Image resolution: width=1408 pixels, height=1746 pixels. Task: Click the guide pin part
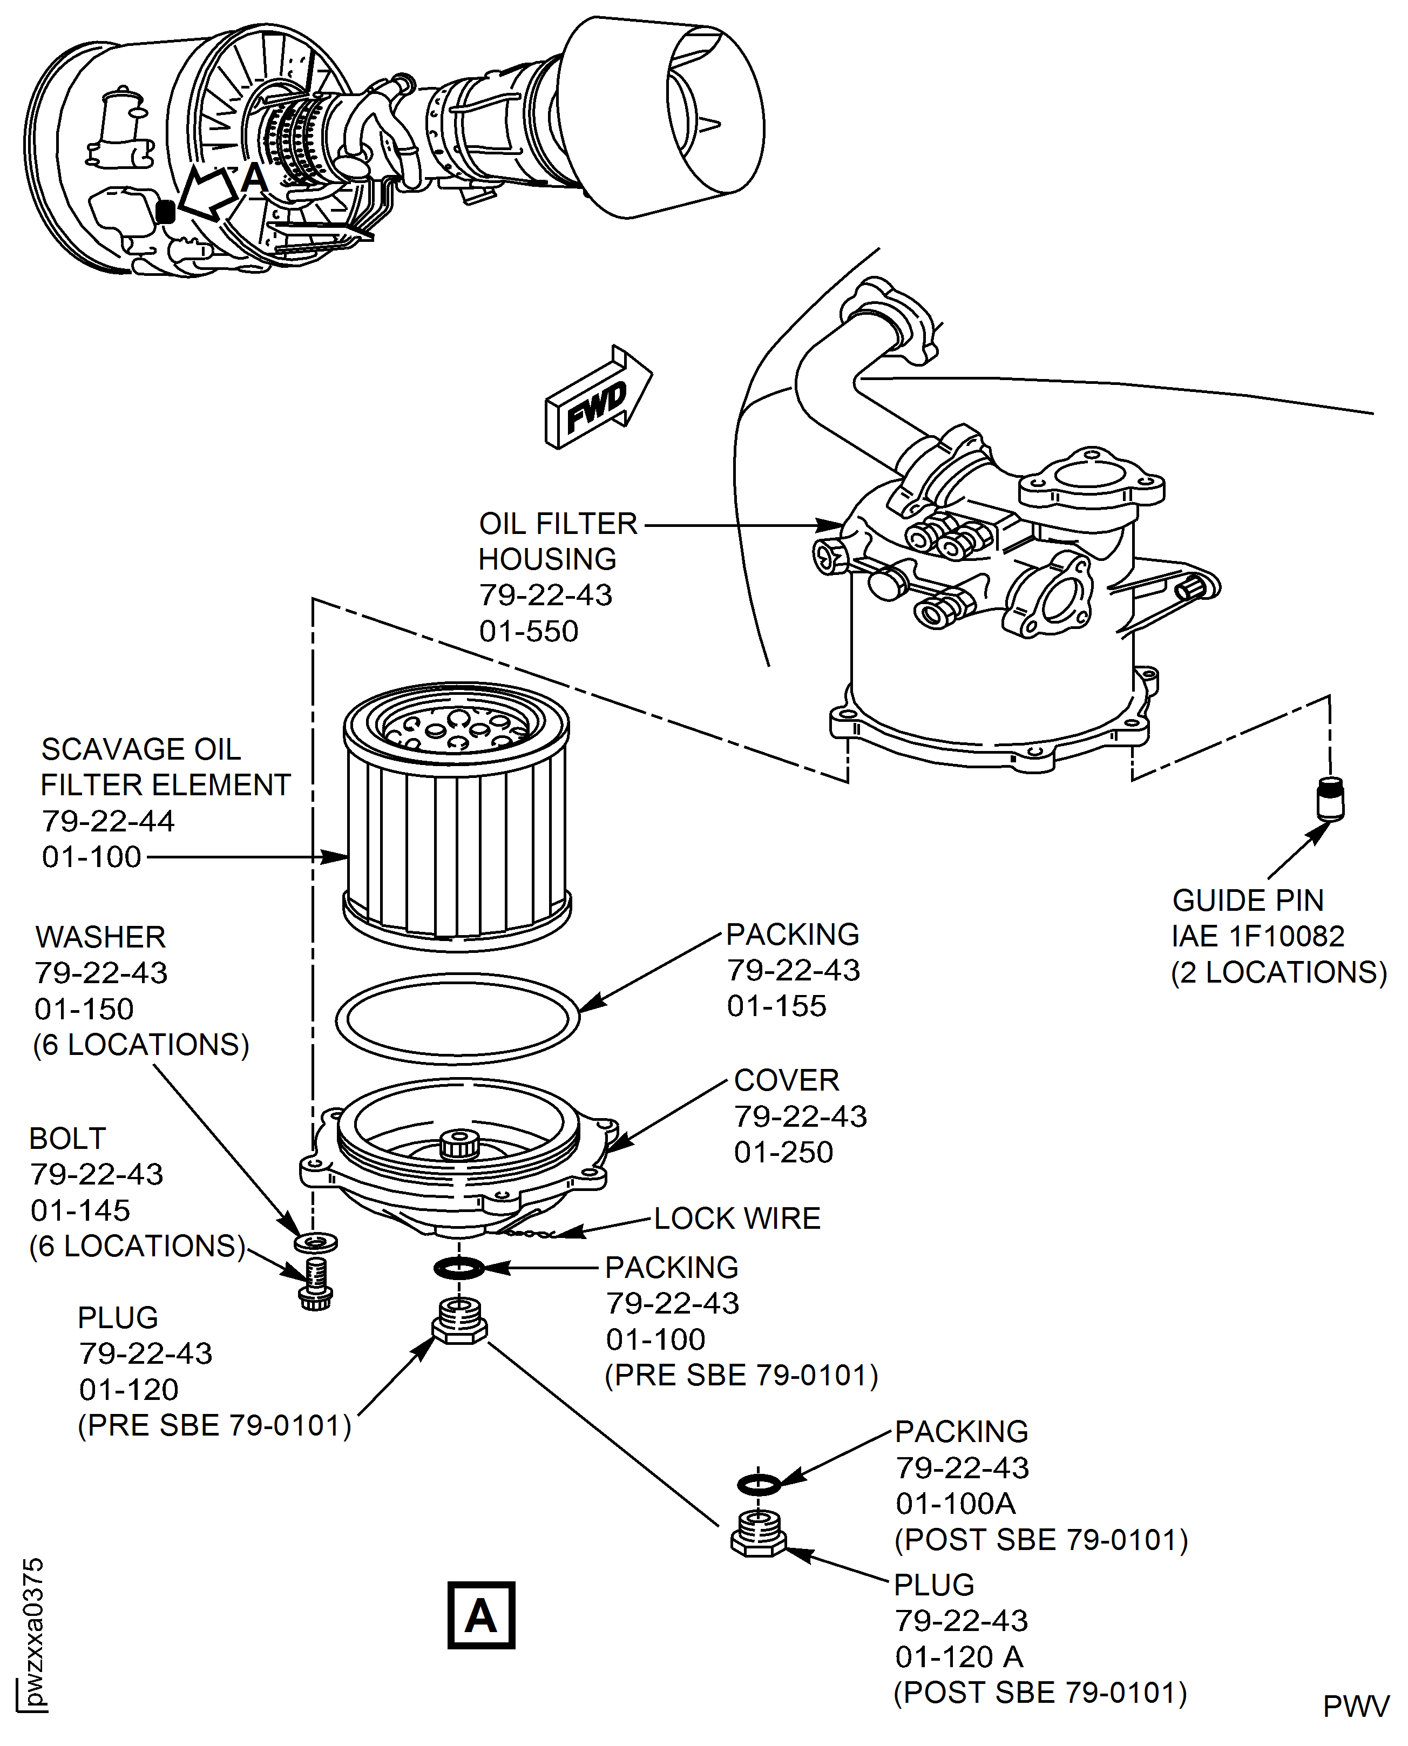pyautogui.click(x=1329, y=799)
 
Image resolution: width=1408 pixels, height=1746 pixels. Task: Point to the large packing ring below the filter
pyautogui.click(x=457, y=1019)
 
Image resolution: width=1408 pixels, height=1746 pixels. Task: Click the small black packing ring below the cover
pyautogui.click(x=459, y=1268)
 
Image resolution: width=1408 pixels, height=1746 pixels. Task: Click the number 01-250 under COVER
pyautogui.click(x=783, y=1152)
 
